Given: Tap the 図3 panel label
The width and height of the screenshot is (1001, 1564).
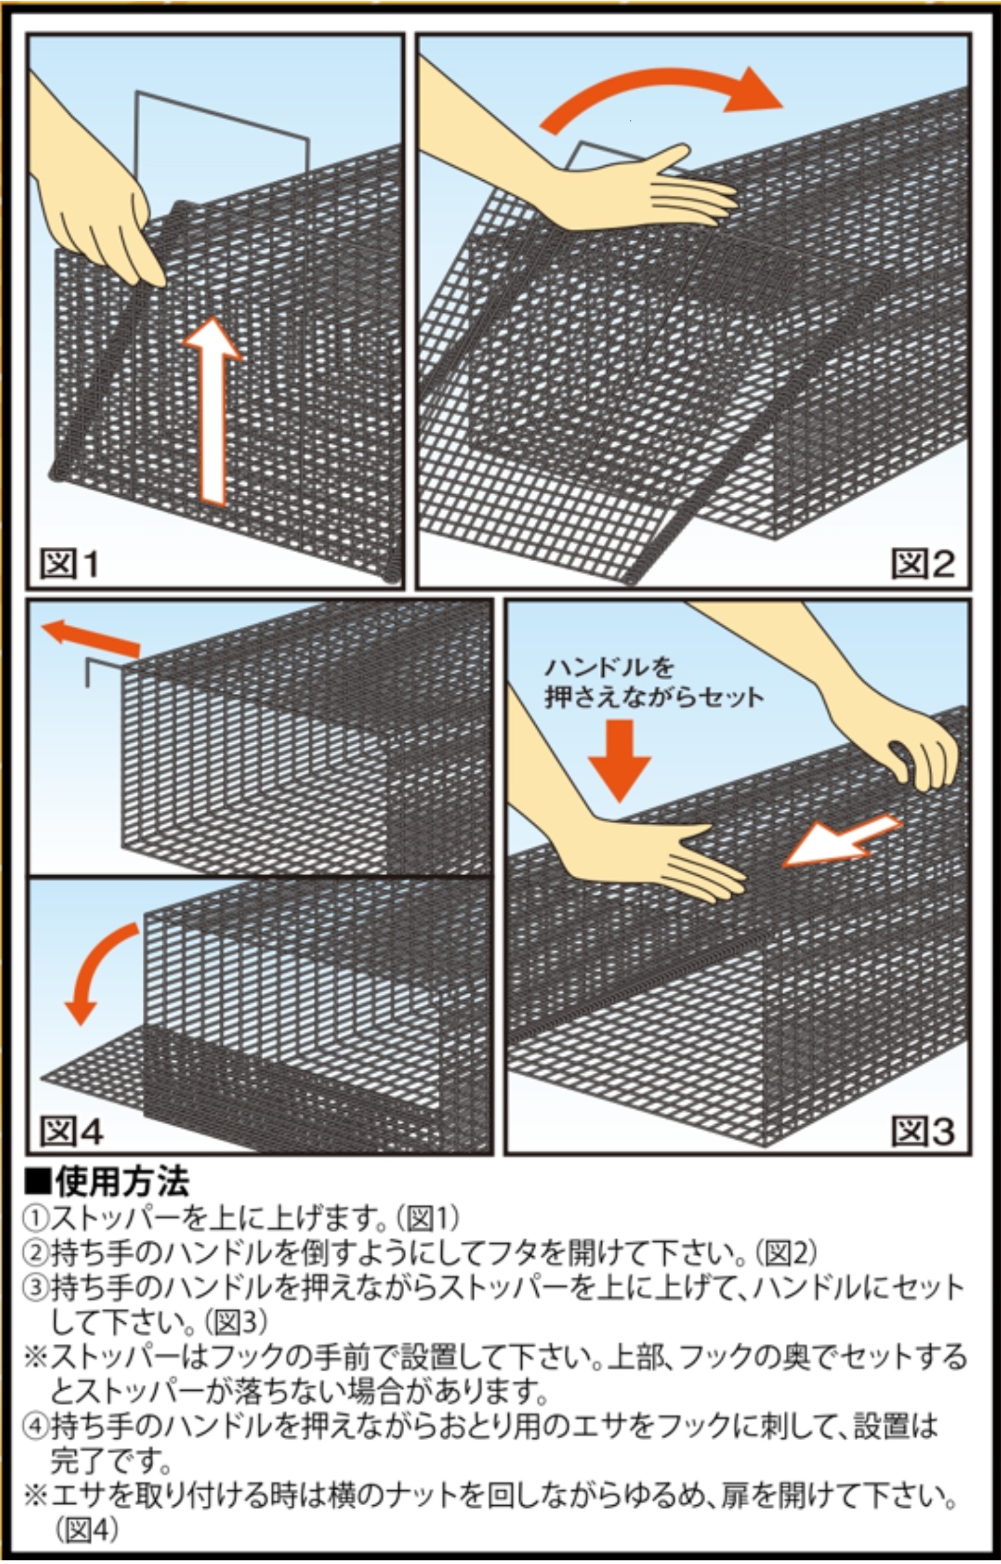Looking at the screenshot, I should (x=922, y=1131).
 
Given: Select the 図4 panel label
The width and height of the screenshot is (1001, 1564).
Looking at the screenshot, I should (x=71, y=1131).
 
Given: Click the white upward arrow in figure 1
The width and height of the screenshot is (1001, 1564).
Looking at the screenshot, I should (x=213, y=416).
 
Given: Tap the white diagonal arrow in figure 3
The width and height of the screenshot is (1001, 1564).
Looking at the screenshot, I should (x=841, y=842).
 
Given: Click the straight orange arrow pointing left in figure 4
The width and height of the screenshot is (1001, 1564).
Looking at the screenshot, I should (x=91, y=637).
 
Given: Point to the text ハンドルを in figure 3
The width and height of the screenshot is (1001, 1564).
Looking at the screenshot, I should (x=610, y=668).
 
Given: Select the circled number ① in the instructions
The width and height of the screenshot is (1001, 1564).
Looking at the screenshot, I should (x=36, y=1218).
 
